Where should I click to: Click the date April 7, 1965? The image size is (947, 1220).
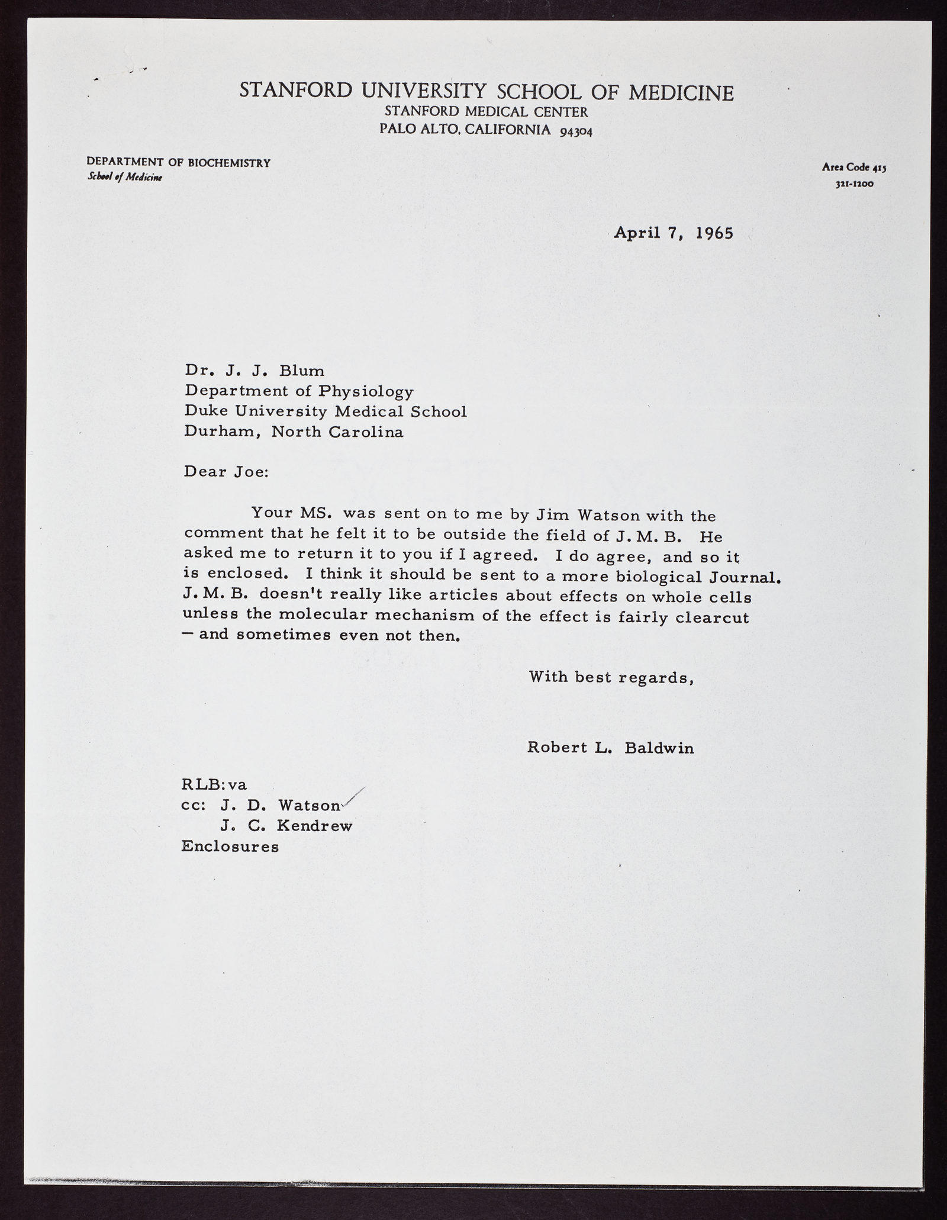[674, 233]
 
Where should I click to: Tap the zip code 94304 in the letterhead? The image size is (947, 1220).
[575, 131]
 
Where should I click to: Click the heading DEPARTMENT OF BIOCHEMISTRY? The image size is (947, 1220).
[178, 162]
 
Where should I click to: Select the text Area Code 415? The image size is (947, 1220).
[853, 168]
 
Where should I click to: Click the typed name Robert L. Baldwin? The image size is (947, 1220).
[610, 748]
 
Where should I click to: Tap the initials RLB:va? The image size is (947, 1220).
[214, 785]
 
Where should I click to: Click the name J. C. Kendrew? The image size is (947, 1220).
[286, 826]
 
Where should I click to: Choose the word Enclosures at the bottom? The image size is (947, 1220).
[230, 846]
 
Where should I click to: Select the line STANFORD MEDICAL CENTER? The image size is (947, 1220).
[486, 111]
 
